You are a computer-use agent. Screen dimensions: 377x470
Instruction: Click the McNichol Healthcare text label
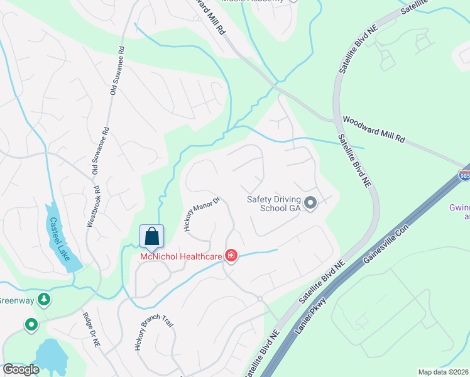pos(181,256)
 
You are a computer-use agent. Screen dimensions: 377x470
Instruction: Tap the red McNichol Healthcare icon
pos(231,255)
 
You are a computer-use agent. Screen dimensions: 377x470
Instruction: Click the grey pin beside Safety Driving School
pos(310,203)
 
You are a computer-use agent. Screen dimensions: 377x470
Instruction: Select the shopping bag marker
pos(151,237)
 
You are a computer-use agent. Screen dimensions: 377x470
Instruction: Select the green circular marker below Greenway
pos(31,325)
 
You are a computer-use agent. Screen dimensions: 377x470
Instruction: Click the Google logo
pos(21,369)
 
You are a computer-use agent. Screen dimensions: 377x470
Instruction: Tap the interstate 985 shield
pos(464,175)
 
